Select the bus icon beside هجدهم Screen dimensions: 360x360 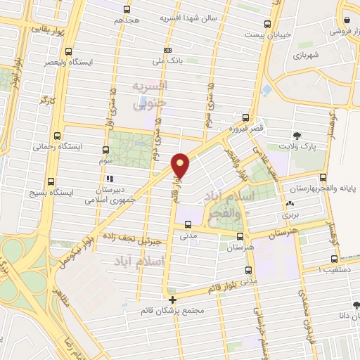(x=127, y=10)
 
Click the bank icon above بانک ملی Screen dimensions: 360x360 (x=167, y=50)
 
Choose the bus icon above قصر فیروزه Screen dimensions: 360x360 (x=245, y=117)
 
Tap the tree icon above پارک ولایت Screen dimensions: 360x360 (x=296, y=134)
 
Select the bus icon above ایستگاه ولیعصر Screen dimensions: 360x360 (x=67, y=51)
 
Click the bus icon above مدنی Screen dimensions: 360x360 (x=187, y=225)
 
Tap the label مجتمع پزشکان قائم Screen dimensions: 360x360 (x=173, y=311)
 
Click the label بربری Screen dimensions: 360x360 (x=290, y=214)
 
